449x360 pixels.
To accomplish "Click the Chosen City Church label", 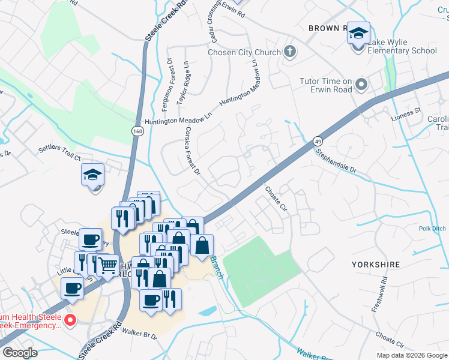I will pyautogui.click(x=244, y=52).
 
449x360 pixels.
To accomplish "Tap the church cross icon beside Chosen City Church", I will pyautogui.click(x=289, y=52).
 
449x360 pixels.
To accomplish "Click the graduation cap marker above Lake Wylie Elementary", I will pyautogui.click(x=358, y=34).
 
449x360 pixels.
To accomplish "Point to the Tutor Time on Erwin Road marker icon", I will pyautogui.click(x=361, y=84).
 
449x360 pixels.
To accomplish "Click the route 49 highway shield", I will pyautogui.click(x=316, y=142).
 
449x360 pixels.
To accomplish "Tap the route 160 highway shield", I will pyautogui.click(x=137, y=131).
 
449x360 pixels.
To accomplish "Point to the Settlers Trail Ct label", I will pyautogui.click(x=59, y=152).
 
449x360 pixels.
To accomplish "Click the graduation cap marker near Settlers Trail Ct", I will pyautogui.click(x=93, y=175).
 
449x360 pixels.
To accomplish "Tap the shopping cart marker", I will pyautogui.click(x=107, y=265).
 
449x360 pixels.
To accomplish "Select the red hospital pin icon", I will pyautogui.click(x=70, y=320).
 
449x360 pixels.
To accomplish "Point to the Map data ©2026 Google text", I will pyautogui.click(x=411, y=355).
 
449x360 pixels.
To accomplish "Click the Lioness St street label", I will pyautogui.click(x=406, y=113).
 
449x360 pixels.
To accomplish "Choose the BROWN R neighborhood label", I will pyautogui.click(x=328, y=28).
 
